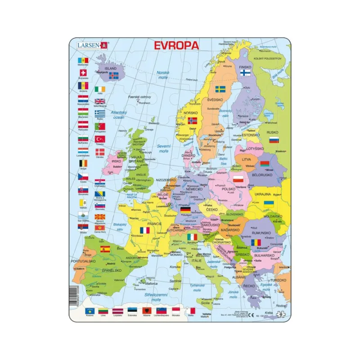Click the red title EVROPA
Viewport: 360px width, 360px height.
(x=176, y=45)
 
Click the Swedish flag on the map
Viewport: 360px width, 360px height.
(x=220, y=89)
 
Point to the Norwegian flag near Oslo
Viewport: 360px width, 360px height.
(x=192, y=121)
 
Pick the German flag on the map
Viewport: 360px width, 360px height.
(x=184, y=209)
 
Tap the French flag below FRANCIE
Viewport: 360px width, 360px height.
(x=144, y=230)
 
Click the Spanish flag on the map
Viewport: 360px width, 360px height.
(x=105, y=249)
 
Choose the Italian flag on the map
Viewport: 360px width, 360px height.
(x=192, y=237)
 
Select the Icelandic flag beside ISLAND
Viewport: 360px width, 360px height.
(x=113, y=76)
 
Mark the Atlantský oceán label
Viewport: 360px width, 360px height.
(x=118, y=115)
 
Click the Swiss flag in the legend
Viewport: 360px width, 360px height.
(x=83, y=72)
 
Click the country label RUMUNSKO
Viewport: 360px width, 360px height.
(x=261, y=234)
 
